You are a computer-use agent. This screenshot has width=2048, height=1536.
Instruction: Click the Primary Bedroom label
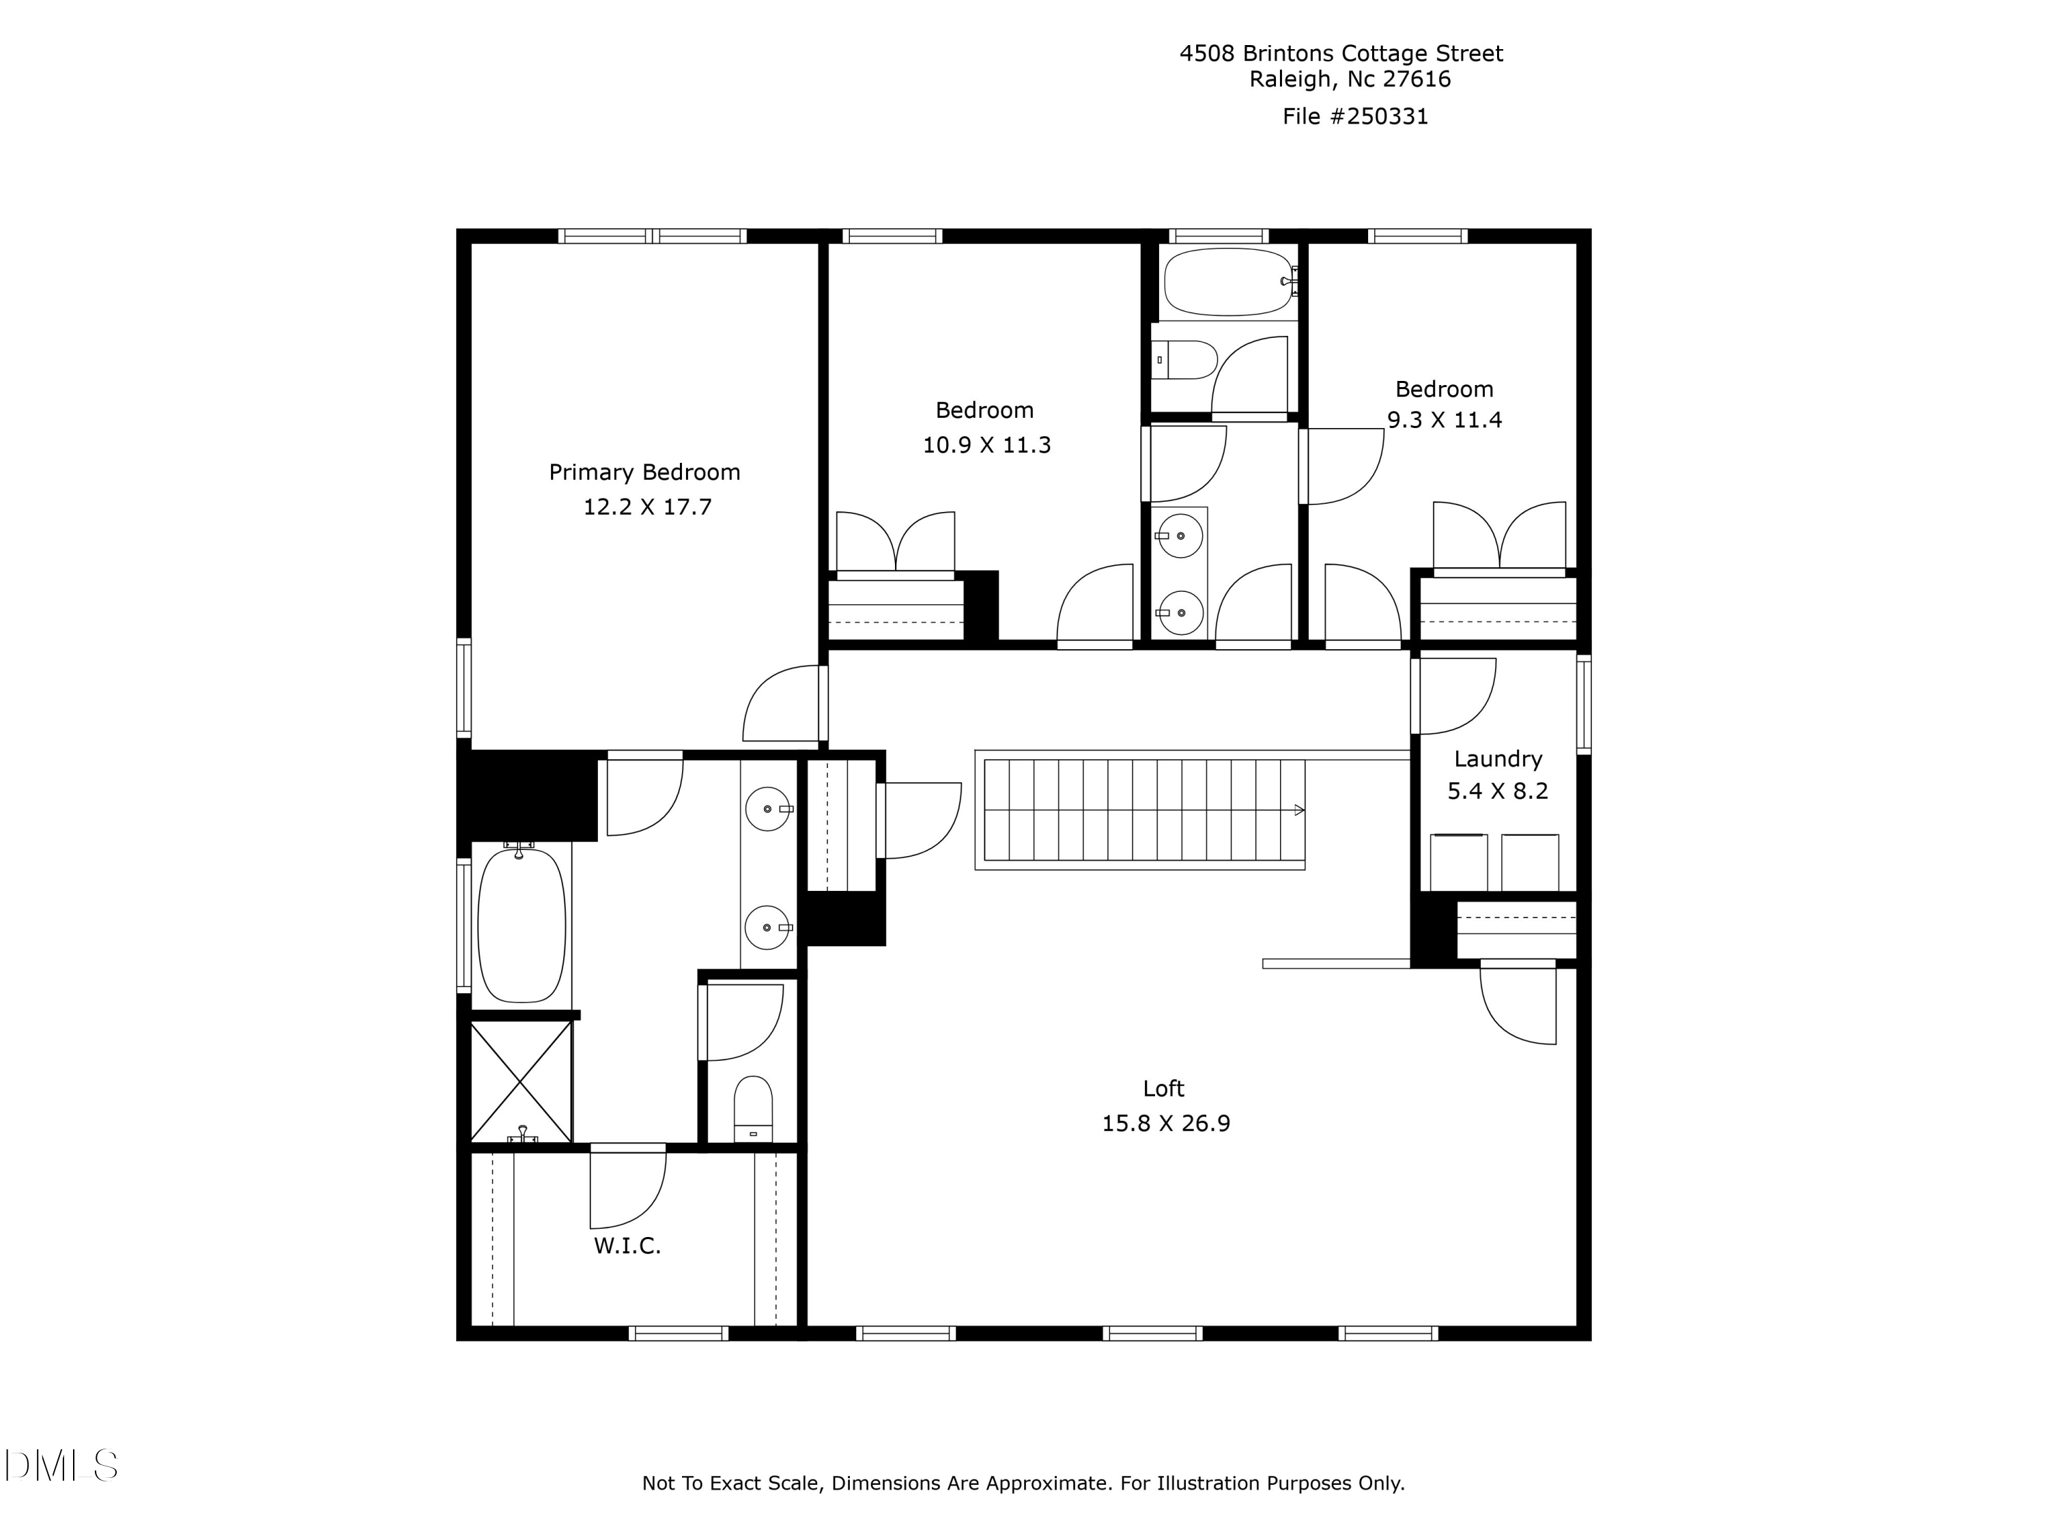coord(644,472)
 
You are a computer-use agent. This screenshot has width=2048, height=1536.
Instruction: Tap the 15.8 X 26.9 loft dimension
coord(1166,1123)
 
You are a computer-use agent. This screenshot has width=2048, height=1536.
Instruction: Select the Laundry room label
coord(1497,759)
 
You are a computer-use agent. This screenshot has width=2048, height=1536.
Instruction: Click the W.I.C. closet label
coord(627,1246)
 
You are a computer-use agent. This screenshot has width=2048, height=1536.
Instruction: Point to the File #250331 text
coord(1354,117)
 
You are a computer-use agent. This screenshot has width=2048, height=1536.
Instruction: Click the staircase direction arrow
coord(1299,810)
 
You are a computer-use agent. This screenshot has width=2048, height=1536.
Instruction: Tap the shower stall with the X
coord(522,1081)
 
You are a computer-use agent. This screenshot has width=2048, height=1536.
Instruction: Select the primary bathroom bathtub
coord(522,926)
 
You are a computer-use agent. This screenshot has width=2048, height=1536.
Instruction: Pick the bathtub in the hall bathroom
coord(1227,281)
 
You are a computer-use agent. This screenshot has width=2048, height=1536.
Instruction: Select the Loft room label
coord(1163,1089)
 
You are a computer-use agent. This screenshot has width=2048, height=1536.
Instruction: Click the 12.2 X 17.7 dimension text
coord(647,507)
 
